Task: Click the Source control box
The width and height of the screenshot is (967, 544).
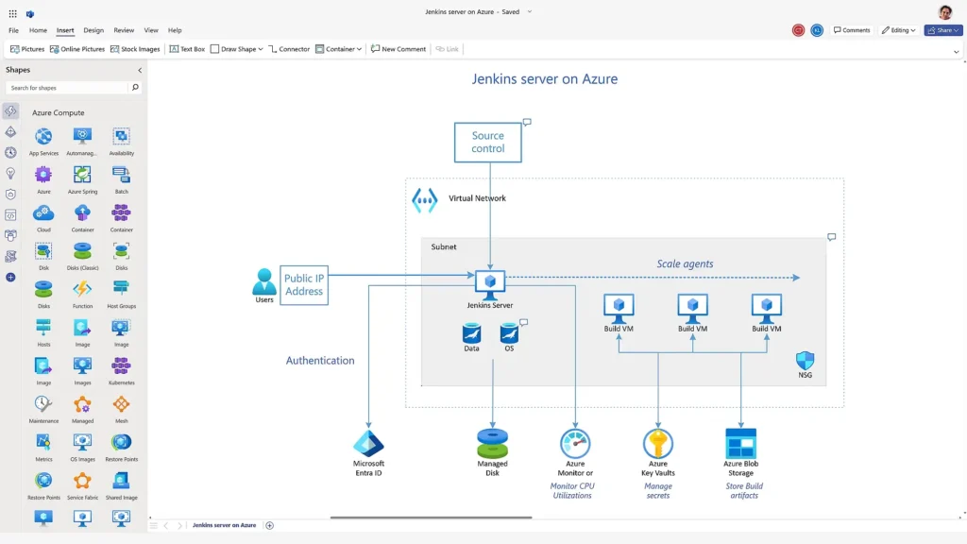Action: click(x=487, y=142)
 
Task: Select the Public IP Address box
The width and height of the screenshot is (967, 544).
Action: click(x=304, y=284)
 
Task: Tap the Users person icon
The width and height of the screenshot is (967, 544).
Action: click(x=264, y=281)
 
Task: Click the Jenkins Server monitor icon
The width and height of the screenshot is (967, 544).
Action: click(x=490, y=283)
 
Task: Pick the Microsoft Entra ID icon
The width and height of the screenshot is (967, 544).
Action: click(x=368, y=443)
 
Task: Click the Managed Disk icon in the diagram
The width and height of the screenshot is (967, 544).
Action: click(x=492, y=443)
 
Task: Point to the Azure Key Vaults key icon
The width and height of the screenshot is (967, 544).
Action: click(x=658, y=443)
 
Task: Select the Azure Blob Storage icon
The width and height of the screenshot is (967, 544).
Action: click(x=740, y=443)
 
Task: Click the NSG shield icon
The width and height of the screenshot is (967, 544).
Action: click(x=805, y=361)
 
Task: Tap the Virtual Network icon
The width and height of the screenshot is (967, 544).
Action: click(x=425, y=200)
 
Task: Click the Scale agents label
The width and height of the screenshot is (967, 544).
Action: click(x=685, y=264)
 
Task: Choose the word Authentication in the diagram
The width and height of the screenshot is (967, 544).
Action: click(x=320, y=361)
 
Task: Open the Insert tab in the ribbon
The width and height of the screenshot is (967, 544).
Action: click(x=65, y=30)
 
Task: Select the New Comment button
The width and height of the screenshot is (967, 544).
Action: click(x=399, y=49)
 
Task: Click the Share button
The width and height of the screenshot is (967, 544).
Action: click(x=943, y=30)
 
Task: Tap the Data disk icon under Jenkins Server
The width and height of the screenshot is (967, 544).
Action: click(x=471, y=333)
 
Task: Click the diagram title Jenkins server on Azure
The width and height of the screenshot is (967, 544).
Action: click(x=544, y=79)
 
